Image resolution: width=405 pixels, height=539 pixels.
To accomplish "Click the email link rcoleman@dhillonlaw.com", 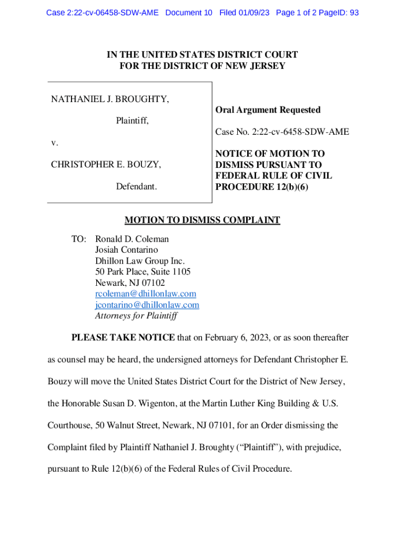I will [x=145, y=294].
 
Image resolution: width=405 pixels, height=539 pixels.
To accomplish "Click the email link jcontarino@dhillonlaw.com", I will [x=147, y=305].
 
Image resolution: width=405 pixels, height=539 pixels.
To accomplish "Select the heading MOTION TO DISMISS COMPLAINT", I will [x=202, y=221].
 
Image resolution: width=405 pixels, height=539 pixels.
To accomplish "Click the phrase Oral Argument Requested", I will [x=268, y=110].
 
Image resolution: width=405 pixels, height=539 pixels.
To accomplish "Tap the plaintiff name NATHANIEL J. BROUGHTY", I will [x=110, y=99].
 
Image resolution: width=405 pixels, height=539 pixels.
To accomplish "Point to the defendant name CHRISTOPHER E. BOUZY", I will [x=106, y=165].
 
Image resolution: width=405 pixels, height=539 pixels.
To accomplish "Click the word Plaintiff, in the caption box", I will [x=132, y=121].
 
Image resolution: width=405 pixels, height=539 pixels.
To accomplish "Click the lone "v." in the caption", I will [x=55, y=143].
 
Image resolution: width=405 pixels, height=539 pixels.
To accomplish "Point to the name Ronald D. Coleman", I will [x=132, y=239].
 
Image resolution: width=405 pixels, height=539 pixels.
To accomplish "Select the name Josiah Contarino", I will [x=126, y=250].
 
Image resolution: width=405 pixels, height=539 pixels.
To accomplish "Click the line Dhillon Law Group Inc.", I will [x=139, y=261].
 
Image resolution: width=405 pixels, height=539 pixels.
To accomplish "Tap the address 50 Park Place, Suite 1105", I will [x=143, y=272].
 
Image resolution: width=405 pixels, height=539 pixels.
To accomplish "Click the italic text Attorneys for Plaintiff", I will [x=136, y=316].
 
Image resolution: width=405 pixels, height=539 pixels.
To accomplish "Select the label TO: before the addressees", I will [x=79, y=239].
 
